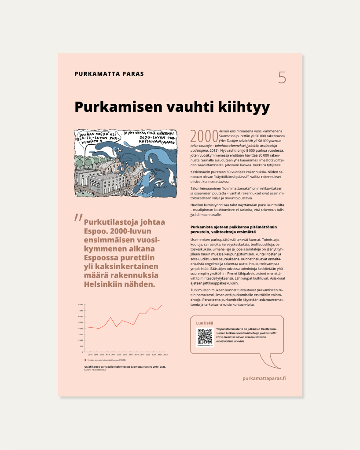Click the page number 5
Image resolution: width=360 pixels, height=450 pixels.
click(282, 77)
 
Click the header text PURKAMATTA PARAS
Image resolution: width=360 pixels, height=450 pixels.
click(109, 74)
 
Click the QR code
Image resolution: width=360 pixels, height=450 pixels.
click(205, 337)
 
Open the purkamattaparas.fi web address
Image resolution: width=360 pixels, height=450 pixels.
click(264, 378)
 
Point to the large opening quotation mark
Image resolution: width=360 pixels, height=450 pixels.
click(78, 218)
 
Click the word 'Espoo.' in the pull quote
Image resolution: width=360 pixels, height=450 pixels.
click(98, 231)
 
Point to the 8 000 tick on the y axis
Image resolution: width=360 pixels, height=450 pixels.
click(81, 304)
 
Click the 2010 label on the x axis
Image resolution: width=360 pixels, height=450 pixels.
click(90, 354)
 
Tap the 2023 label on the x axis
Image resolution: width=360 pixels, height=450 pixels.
click(165, 354)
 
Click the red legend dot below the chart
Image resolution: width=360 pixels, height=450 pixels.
click(85, 360)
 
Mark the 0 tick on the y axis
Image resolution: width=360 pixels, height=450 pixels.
click(82, 352)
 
